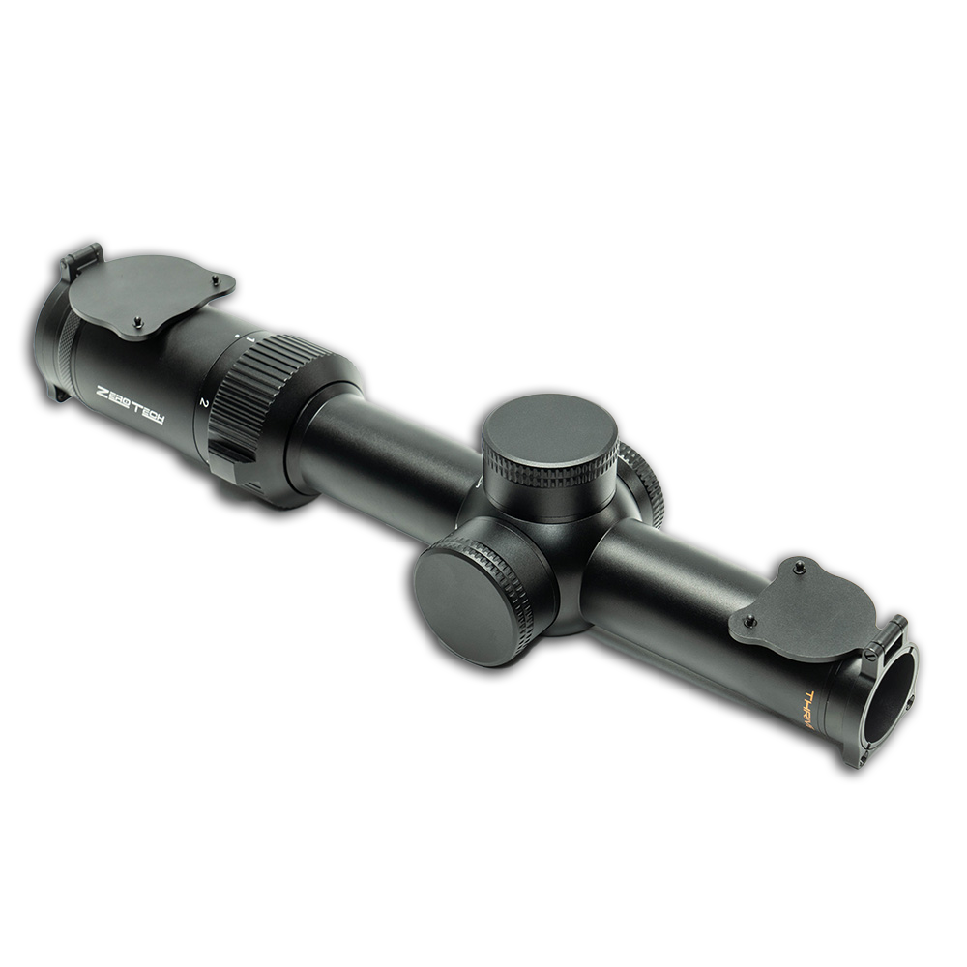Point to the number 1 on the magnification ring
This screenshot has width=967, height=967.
click(250, 340)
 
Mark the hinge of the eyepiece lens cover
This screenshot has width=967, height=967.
click(81, 259)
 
